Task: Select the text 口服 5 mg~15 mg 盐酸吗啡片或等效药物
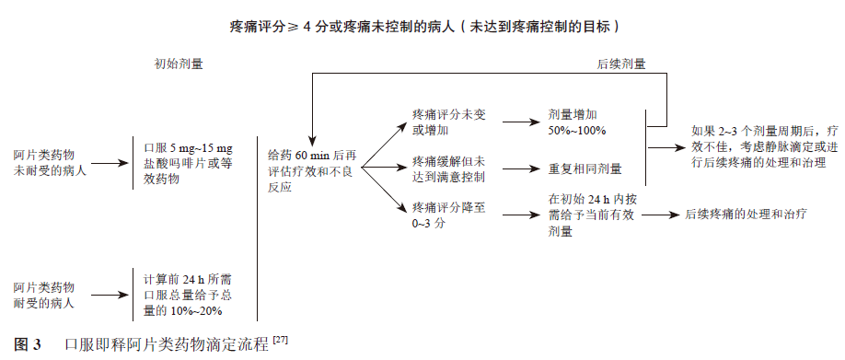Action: [x=188, y=163]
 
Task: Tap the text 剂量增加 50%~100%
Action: [x=577, y=122]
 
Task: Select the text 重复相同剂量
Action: [x=585, y=169]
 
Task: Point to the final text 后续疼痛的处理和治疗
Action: [x=746, y=215]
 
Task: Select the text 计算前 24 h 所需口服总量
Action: [x=188, y=295]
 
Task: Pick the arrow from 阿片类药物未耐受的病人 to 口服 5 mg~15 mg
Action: [x=110, y=164]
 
